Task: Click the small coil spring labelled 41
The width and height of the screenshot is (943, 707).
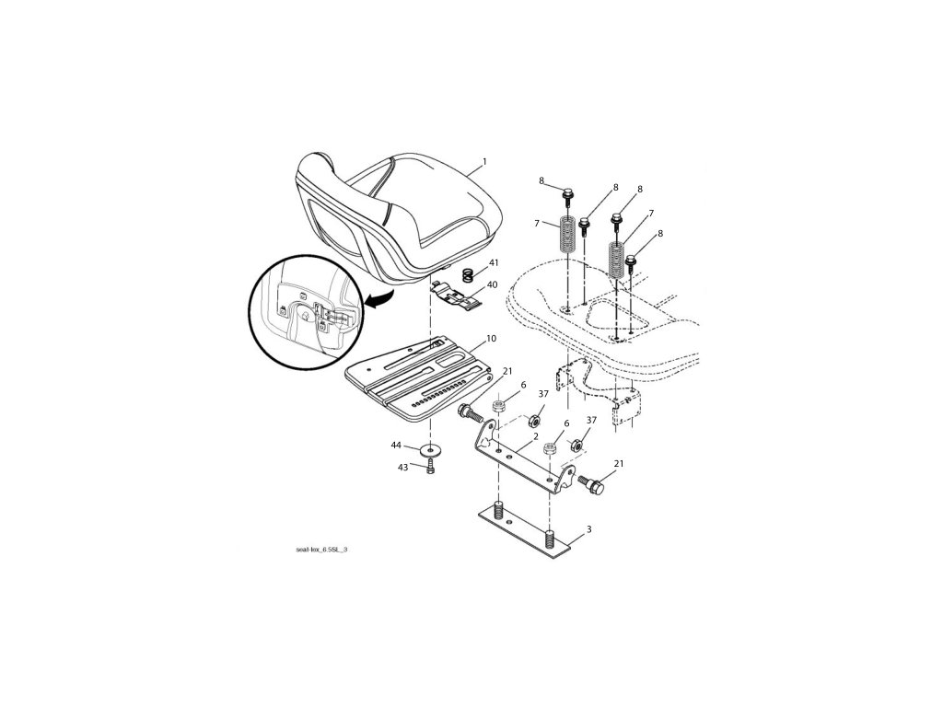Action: [468, 273]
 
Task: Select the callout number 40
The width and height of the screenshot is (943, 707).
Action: [493, 284]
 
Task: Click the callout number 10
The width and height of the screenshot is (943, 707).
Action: [491, 339]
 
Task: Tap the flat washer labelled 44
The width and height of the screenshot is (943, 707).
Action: [430, 451]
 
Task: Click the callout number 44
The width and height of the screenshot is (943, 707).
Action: [396, 445]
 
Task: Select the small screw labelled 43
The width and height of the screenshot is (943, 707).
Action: [430, 469]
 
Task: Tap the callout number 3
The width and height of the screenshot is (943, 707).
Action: [589, 529]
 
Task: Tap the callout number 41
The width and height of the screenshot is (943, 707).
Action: [494, 263]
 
